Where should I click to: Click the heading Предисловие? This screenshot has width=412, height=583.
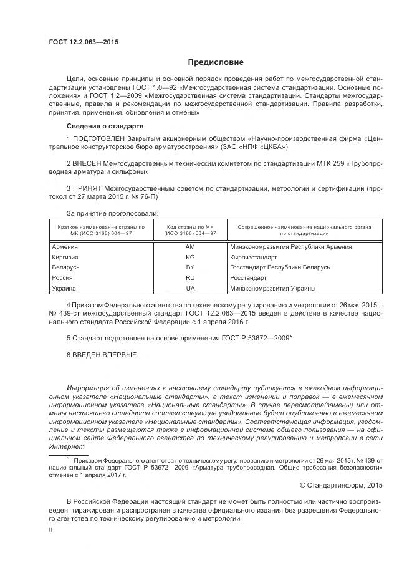click(x=216, y=62)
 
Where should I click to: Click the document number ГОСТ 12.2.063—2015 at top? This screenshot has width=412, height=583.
click(x=83, y=42)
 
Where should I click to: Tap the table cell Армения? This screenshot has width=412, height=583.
click(x=65, y=247)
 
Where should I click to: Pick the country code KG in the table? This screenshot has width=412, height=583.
click(x=190, y=257)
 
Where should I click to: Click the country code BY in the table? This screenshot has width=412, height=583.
click(x=190, y=267)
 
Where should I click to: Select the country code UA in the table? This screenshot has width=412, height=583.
click(x=190, y=289)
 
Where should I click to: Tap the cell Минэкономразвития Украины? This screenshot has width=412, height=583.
click(x=272, y=289)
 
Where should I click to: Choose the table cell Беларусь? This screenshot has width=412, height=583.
click(x=66, y=267)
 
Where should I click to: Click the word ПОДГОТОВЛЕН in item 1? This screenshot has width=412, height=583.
click(x=100, y=137)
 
